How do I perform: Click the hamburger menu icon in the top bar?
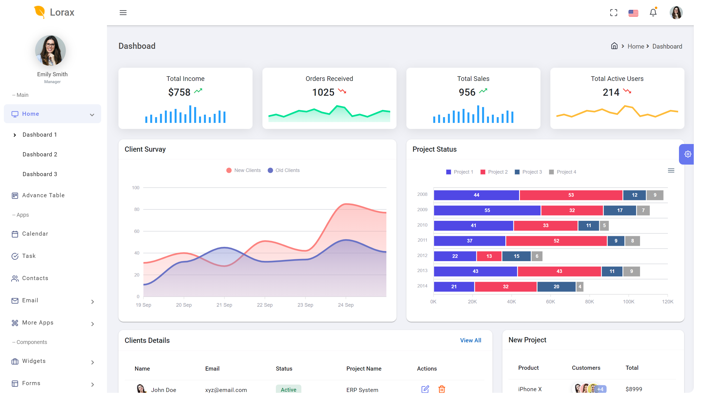click(123, 13)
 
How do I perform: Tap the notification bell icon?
click(653, 13)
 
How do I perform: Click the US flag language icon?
click(633, 13)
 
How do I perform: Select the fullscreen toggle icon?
click(614, 13)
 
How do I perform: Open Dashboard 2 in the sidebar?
click(40, 154)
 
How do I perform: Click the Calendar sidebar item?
click(35, 234)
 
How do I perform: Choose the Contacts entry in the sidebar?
click(35, 278)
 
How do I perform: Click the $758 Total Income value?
click(179, 92)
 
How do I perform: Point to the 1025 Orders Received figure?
click(323, 92)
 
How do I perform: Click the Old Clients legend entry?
click(284, 170)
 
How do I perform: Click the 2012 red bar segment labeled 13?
click(489, 256)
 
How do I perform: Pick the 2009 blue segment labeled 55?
click(487, 210)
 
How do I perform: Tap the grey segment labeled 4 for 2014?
click(580, 287)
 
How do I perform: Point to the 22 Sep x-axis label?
click(265, 305)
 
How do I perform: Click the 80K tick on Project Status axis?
click(589, 302)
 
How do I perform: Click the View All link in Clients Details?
click(471, 340)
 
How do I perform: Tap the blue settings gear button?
click(687, 154)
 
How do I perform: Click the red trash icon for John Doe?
click(441, 389)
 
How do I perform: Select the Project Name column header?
click(364, 369)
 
